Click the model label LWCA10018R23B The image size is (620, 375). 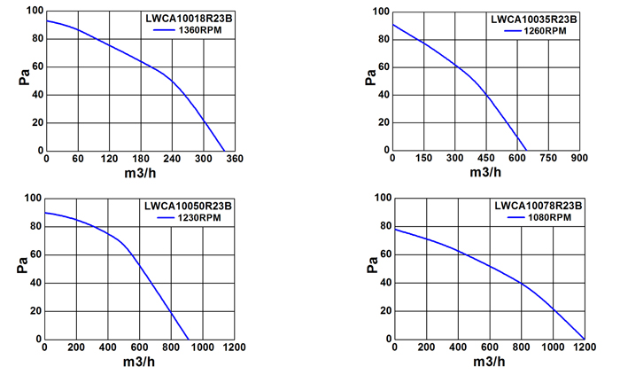[x=189, y=19]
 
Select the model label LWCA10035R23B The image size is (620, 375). [x=534, y=20]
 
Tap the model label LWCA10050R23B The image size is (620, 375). [x=188, y=206]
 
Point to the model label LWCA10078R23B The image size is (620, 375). [x=539, y=206]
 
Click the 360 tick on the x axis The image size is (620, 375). [x=235, y=159]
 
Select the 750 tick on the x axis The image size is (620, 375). [x=548, y=158]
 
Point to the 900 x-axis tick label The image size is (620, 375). [x=579, y=158]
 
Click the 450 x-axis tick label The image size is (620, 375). [x=486, y=158]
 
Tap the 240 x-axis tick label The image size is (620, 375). [x=172, y=159]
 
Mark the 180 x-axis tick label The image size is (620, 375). [x=141, y=159]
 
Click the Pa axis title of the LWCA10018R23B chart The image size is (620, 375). [x=24, y=77]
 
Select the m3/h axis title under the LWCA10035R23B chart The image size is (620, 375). [x=485, y=173]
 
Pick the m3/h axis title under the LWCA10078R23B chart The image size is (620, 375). [x=489, y=362]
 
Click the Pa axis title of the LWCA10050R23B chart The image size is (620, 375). [x=22, y=265]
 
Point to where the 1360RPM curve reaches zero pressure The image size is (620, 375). [x=225, y=151]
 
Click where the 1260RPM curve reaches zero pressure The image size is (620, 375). [x=527, y=151]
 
